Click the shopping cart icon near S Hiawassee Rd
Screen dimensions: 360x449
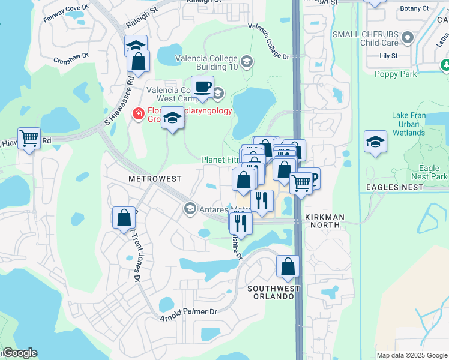[x=29, y=139]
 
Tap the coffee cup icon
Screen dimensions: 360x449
[x=202, y=87]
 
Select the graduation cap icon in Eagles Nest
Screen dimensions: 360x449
[x=375, y=142]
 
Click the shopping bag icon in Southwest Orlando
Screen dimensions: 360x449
[x=288, y=266]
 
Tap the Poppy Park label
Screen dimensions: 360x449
[x=395, y=74]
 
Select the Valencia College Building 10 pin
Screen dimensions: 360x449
[x=246, y=62]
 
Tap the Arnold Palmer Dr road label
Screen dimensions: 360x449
[x=188, y=313]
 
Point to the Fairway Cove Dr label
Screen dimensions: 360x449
[x=65, y=14]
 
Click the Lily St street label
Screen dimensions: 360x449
[x=388, y=56]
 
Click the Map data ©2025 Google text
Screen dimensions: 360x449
[x=411, y=355]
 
